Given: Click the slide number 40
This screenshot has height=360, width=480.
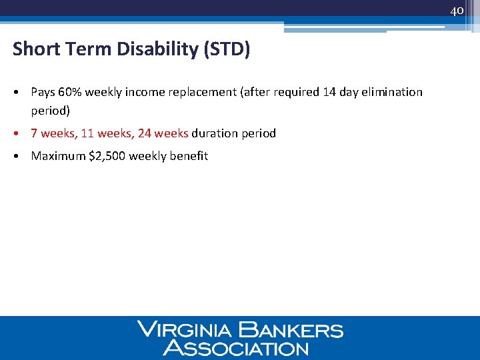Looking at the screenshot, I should point(457,11).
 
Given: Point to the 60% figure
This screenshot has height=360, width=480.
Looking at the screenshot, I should point(69,92).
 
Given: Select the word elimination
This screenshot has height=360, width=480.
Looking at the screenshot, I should point(392,92).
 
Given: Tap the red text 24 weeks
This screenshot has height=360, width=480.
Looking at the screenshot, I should point(163,133).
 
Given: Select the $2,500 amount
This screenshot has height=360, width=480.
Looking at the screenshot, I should point(107,156).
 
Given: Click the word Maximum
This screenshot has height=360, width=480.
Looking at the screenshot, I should point(58,156).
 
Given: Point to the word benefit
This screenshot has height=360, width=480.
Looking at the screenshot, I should point(189,156).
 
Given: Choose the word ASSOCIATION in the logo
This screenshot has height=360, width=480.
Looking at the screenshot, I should point(237,347).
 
